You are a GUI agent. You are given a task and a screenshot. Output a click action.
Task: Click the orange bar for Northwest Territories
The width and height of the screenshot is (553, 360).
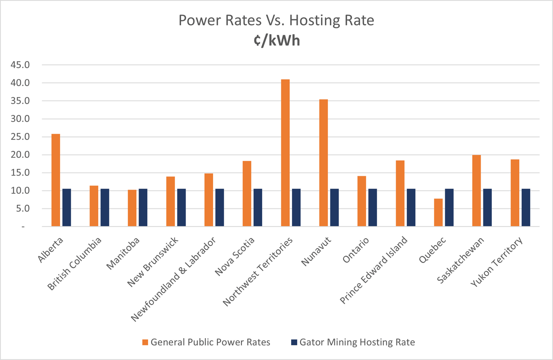coord(285,153)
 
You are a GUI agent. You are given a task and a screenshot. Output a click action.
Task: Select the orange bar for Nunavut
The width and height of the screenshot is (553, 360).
coord(323,163)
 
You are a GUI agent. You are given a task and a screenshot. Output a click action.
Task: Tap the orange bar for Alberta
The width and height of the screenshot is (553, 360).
coord(56,180)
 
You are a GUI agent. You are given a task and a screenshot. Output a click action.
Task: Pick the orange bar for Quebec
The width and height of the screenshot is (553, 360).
coord(438,213)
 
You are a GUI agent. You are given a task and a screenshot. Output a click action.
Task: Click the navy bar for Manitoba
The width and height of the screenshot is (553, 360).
coord(143,208)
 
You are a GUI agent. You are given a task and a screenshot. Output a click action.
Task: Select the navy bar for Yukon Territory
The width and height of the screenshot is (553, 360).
coord(526,208)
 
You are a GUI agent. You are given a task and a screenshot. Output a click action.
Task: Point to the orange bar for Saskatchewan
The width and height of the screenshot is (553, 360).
coord(476,191)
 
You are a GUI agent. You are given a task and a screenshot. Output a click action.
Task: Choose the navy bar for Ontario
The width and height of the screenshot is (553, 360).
coord(373,208)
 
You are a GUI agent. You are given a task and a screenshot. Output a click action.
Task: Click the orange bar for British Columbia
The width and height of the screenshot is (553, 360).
coord(94,206)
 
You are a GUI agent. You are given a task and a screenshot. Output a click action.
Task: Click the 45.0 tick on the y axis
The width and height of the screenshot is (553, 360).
coord(20,65)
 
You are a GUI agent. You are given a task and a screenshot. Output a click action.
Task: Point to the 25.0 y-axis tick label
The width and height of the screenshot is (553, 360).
coord(20,137)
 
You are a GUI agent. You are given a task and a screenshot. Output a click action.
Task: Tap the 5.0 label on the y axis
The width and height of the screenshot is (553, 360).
coord(22,209)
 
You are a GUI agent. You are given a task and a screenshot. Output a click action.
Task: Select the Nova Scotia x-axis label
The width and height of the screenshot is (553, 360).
coord(235,256)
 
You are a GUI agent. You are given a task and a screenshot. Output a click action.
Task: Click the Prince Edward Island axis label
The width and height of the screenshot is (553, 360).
coord(374,270)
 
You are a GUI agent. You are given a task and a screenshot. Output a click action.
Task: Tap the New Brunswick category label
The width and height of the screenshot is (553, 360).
coord(153,262)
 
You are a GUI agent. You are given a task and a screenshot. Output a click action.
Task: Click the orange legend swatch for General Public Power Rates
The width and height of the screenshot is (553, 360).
coord(145,342)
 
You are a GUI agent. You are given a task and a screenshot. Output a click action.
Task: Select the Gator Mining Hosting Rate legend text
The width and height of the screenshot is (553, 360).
coord(357,342)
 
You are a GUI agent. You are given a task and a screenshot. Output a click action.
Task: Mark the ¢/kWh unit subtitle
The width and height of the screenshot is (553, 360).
coord(276,41)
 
